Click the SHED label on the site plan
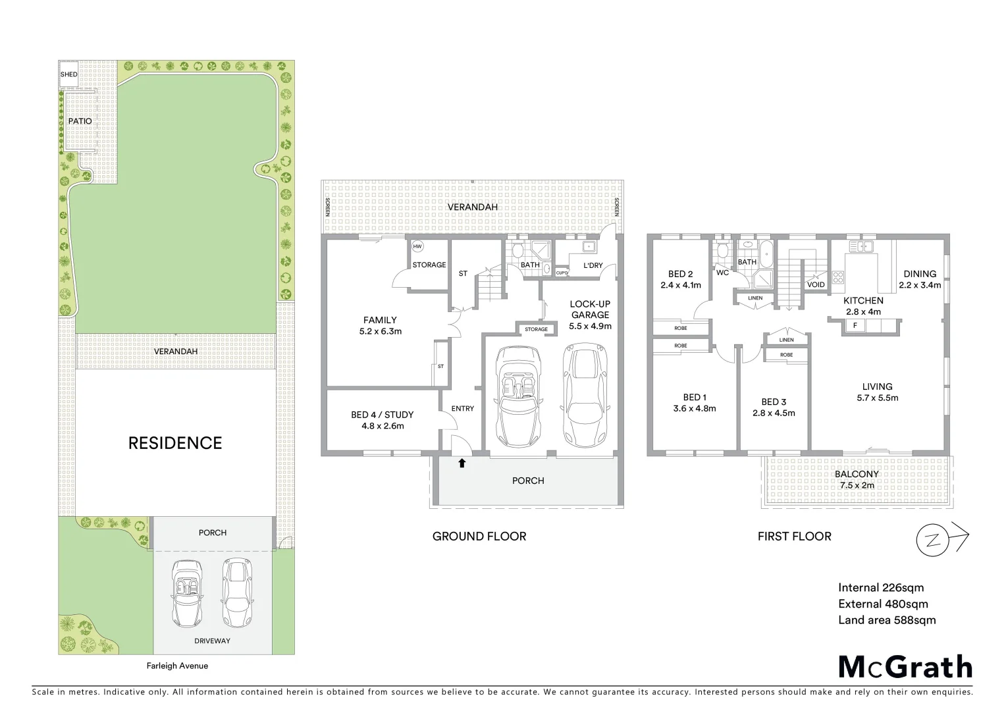coord(68,74)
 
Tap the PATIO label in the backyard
coord(80,121)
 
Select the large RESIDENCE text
coord(175,443)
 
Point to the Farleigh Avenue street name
coord(177,666)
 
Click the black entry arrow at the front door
coord(462,463)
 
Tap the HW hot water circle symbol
coord(417,246)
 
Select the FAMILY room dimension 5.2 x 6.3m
coord(381,331)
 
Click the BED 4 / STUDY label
coord(382,415)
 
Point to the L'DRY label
coord(593,265)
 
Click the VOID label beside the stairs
coord(815,285)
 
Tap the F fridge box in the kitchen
coord(855,325)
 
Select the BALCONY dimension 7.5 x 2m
coord(857,485)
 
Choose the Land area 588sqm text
coord(886,619)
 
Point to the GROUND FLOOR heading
coord(479,537)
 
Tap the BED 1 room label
coord(695,397)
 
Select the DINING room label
coord(920,274)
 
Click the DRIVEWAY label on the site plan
coord(212,641)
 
